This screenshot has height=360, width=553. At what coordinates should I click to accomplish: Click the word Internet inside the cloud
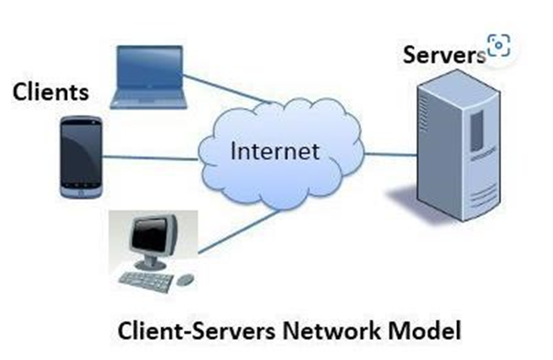[x=274, y=151]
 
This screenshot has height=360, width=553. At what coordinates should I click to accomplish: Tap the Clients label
[x=50, y=91]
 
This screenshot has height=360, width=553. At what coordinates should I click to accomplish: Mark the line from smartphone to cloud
[x=150, y=159]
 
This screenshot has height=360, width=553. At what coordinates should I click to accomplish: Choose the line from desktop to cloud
[x=238, y=232]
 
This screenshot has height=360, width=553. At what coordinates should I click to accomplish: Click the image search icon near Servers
[x=498, y=45]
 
